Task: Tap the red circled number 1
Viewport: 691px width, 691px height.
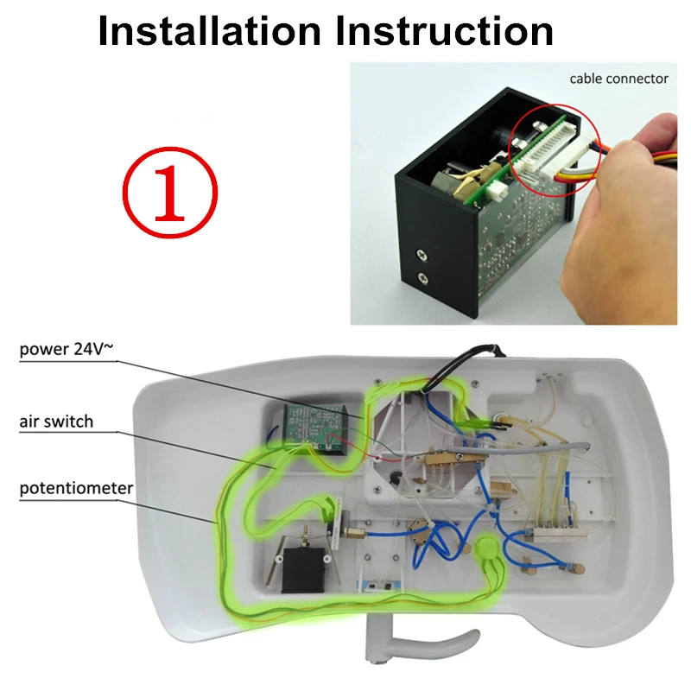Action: click(x=169, y=190)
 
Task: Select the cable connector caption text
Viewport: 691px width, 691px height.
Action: click(x=618, y=79)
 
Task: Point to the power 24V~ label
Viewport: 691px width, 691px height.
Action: click(x=66, y=350)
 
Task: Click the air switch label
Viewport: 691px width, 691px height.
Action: click(x=57, y=422)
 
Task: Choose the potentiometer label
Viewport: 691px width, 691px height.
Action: click(x=77, y=489)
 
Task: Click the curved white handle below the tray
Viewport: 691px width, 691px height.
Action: click(x=415, y=643)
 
